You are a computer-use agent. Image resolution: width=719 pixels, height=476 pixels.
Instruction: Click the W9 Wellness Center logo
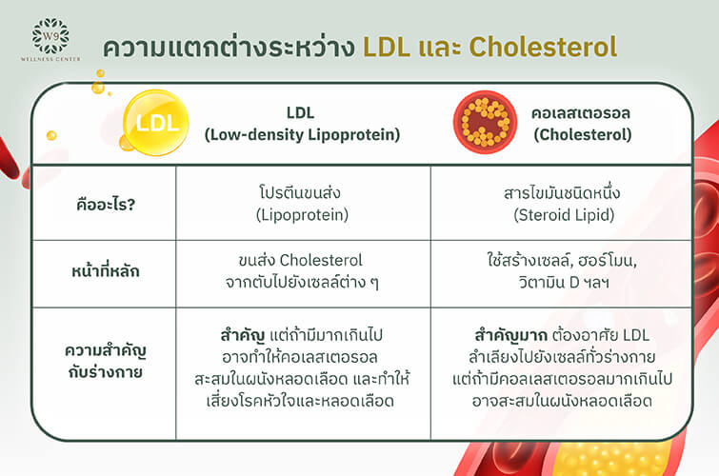pos(50,39)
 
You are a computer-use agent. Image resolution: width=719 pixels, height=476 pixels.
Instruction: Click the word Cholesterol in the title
pos(543,47)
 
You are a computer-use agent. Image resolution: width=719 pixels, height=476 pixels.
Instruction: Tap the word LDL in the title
pos(387,47)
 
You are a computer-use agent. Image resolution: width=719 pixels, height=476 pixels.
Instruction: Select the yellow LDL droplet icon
pos(155,123)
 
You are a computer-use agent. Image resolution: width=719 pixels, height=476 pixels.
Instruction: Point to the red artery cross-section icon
pos(485,122)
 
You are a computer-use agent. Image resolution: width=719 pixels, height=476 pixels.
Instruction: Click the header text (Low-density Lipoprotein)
pos(302,135)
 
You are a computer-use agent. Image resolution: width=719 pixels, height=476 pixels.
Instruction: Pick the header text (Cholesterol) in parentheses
pos(583,135)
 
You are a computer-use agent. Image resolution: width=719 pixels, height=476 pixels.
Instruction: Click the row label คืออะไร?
pos(106,204)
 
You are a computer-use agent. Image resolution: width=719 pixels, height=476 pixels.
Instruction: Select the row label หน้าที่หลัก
pos(106,271)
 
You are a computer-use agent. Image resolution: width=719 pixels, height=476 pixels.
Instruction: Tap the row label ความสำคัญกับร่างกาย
pos(106,362)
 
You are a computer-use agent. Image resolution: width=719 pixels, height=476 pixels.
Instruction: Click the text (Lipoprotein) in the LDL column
pos(302,215)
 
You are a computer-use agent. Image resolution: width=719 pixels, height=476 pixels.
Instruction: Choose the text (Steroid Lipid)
pos(564,215)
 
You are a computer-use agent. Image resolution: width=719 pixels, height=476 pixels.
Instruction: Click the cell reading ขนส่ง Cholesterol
pos(300,261)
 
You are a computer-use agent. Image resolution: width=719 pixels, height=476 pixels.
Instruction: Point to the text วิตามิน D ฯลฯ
pos(564,283)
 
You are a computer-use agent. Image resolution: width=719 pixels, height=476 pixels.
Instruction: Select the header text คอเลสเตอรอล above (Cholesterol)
pos(581,112)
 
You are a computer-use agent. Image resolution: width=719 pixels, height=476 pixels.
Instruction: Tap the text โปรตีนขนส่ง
pos(300,192)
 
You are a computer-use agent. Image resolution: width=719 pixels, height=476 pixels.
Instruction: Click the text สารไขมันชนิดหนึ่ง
pos(562,192)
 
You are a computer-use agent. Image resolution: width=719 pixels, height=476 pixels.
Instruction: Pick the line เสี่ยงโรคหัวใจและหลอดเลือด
pos(300,401)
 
